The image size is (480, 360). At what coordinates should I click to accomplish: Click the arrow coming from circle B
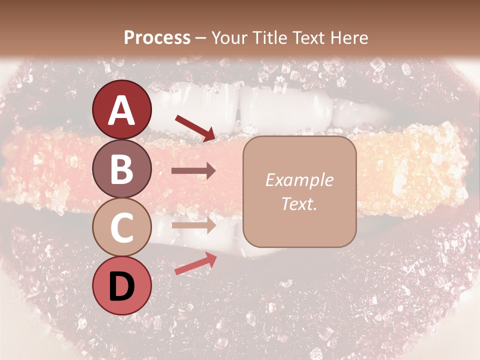coord(193,171)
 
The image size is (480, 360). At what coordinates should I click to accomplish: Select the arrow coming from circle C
coord(193,225)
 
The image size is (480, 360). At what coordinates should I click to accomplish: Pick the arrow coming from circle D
coord(195,263)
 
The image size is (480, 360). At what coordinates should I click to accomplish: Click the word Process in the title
coord(157,37)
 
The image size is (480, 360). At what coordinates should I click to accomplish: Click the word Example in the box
coord(299,180)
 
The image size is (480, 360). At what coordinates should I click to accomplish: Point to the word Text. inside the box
coord(299,203)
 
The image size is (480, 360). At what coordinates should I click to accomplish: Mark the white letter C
coord(122,228)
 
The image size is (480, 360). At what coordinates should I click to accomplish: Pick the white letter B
coord(122,169)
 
